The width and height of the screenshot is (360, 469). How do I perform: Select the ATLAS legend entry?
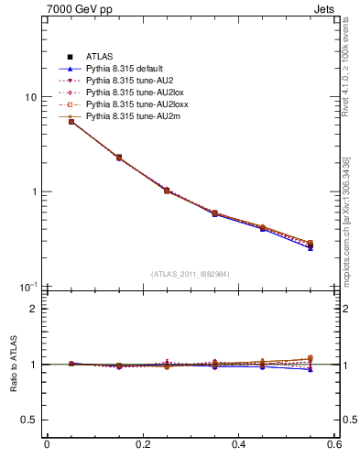click(x=98, y=58)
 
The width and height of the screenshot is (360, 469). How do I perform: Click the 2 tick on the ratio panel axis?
click(x=34, y=309)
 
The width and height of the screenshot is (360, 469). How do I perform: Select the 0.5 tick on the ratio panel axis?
click(x=29, y=420)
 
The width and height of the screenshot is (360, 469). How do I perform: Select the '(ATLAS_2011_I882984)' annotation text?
click(x=191, y=274)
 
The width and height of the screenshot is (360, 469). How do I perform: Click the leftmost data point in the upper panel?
click(x=71, y=121)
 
